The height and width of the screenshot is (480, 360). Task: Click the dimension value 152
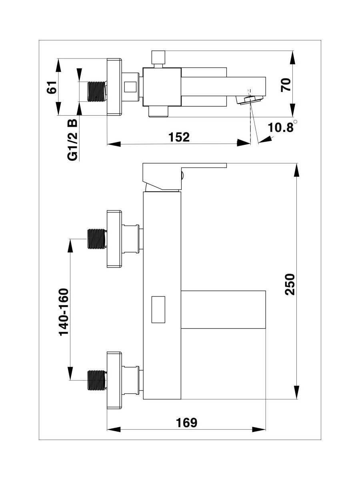[x=179, y=137]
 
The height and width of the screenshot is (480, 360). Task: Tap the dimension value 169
[x=186, y=423]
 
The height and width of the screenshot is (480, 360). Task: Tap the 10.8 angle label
[x=281, y=128]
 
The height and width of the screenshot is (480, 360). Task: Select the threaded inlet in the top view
[x=96, y=91]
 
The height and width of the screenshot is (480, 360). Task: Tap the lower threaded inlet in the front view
[x=96, y=380]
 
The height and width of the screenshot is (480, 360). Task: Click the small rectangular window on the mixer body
[x=158, y=309]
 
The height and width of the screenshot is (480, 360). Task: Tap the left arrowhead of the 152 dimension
[x=114, y=143]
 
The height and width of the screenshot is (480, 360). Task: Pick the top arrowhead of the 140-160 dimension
[x=70, y=246]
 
